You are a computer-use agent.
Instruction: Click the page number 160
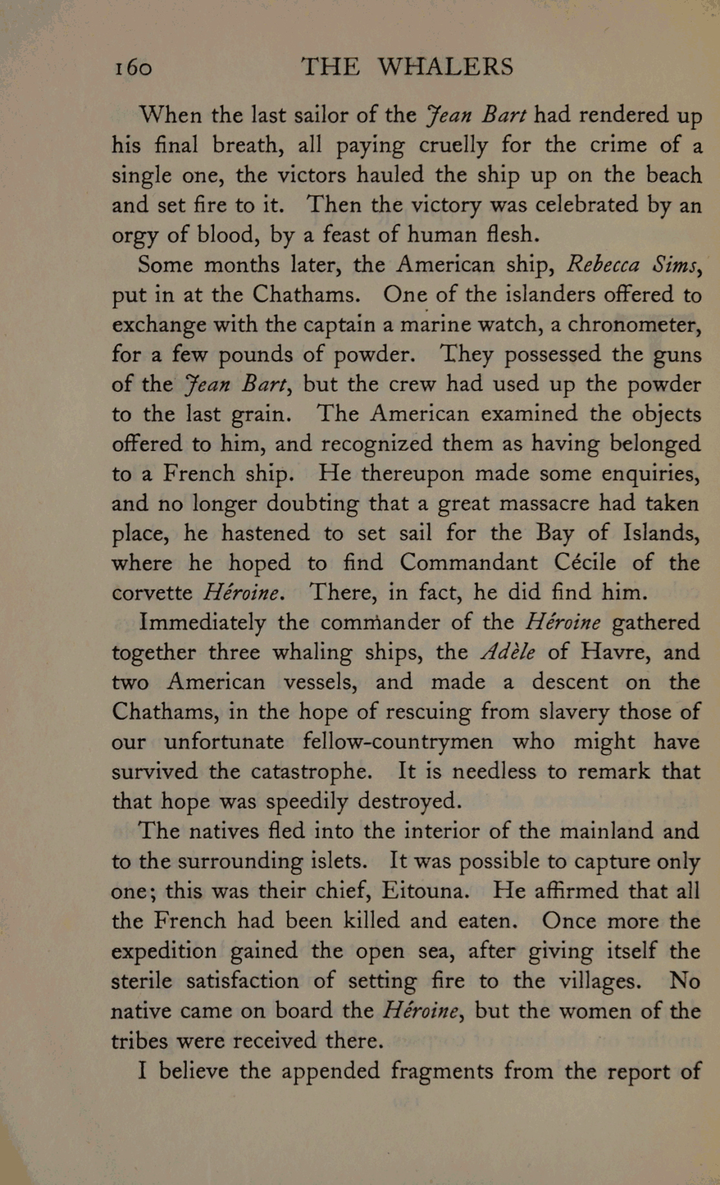[x=133, y=67]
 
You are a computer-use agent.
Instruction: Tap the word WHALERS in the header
[x=445, y=67]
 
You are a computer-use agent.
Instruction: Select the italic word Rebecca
[x=602, y=264]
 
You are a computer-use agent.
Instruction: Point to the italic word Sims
[x=677, y=264]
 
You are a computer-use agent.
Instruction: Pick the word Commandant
[x=468, y=562]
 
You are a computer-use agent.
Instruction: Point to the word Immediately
[x=202, y=622]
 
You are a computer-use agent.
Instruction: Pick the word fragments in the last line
[x=442, y=1071]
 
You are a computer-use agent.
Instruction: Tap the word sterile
[x=142, y=981]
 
